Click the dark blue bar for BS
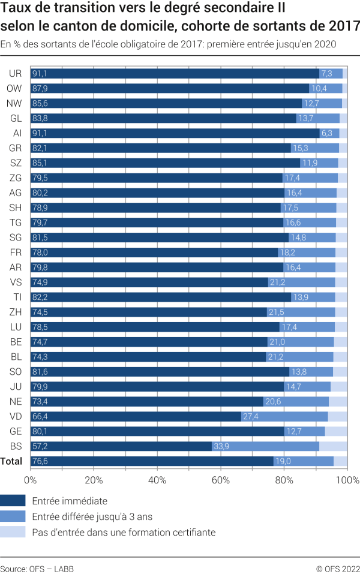pos(120,446)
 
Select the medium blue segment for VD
pos(284,416)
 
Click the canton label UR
pos(16,74)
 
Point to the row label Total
pos(12,461)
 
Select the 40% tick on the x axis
pos(157,480)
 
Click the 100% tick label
pos(347,480)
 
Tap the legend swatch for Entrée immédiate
pos(13,501)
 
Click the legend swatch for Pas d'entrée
pos(13,532)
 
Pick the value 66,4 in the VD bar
pos(40,416)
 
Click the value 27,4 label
pos(250,416)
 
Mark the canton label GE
pos(16,431)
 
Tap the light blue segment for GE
pos(336,431)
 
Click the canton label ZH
pos(16,312)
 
